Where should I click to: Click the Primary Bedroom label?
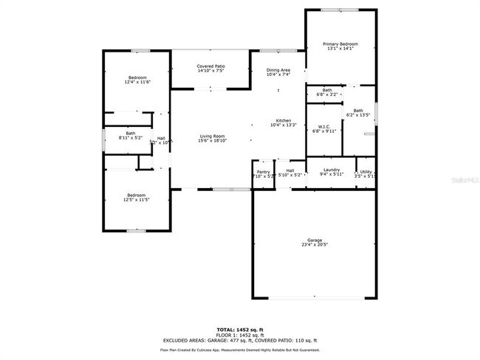[340, 44]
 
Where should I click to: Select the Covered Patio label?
[210, 66]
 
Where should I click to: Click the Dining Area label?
[278, 69]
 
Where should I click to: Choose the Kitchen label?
[284, 120]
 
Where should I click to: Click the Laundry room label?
[331, 170]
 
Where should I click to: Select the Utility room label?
[366, 171]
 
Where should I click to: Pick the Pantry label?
[263, 171]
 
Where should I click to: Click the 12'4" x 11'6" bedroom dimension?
[137, 83]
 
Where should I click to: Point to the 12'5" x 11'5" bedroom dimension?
[137, 200]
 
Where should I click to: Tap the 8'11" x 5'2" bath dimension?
[131, 138]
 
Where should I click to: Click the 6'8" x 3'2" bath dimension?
[326, 94]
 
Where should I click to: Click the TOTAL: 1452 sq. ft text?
[240, 329]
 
